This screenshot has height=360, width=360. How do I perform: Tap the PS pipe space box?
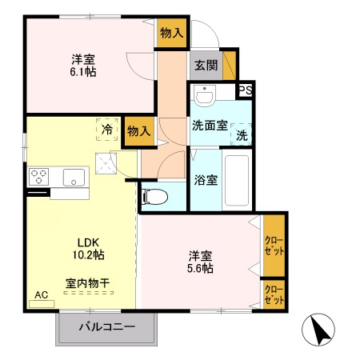pos(246,90)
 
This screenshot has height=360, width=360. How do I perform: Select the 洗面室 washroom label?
pos(210,125)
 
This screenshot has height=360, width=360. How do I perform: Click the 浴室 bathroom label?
pos(206,180)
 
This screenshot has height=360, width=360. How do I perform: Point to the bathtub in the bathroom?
pos(238,179)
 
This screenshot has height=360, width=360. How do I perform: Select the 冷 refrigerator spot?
pos(106,128)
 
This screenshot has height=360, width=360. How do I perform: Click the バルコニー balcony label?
pos(106,326)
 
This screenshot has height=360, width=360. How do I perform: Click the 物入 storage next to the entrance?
pos(172,33)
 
